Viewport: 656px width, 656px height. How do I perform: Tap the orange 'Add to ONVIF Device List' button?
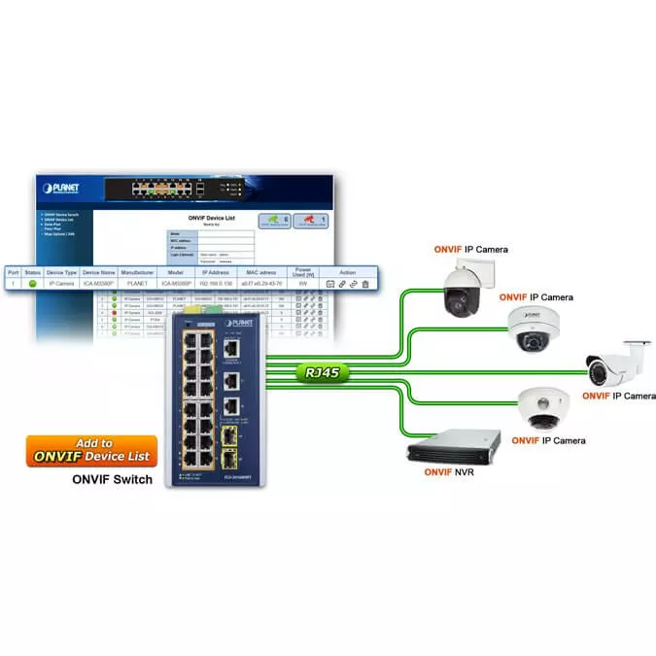pos(92,450)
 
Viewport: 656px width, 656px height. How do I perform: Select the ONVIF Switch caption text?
pos(113,479)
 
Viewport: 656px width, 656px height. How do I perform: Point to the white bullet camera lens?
pos(596,368)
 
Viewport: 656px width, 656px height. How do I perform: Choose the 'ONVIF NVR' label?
pos(450,471)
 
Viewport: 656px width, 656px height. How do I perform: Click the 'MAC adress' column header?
pos(261,273)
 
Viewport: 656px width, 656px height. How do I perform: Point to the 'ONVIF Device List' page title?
pos(212,218)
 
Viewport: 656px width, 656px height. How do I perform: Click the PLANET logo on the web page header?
pos(60,188)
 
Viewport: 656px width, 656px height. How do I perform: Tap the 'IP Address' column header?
pos(216,273)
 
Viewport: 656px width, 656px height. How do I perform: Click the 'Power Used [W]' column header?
pos(303,273)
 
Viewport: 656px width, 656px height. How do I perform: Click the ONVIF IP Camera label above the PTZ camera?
pos(470,250)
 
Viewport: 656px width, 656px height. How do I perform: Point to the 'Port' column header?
pos(13,273)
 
